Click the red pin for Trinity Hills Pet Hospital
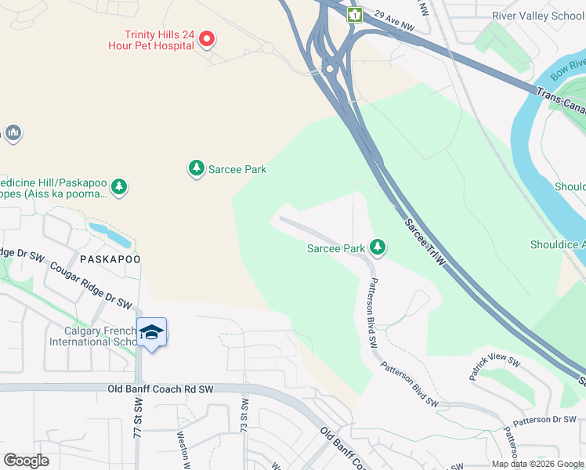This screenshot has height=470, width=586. click(x=207, y=38)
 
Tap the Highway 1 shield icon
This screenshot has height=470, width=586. click(x=355, y=15)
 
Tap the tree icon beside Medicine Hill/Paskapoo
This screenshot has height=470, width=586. click(x=119, y=186)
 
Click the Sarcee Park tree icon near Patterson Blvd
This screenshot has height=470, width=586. click(x=378, y=248)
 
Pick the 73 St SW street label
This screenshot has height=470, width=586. click(x=245, y=416)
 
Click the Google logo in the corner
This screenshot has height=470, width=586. click(x=26, y=461)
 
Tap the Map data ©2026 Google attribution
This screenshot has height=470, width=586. click(x=537, y=464)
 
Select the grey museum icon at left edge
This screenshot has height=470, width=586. click(x=13, y=134)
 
